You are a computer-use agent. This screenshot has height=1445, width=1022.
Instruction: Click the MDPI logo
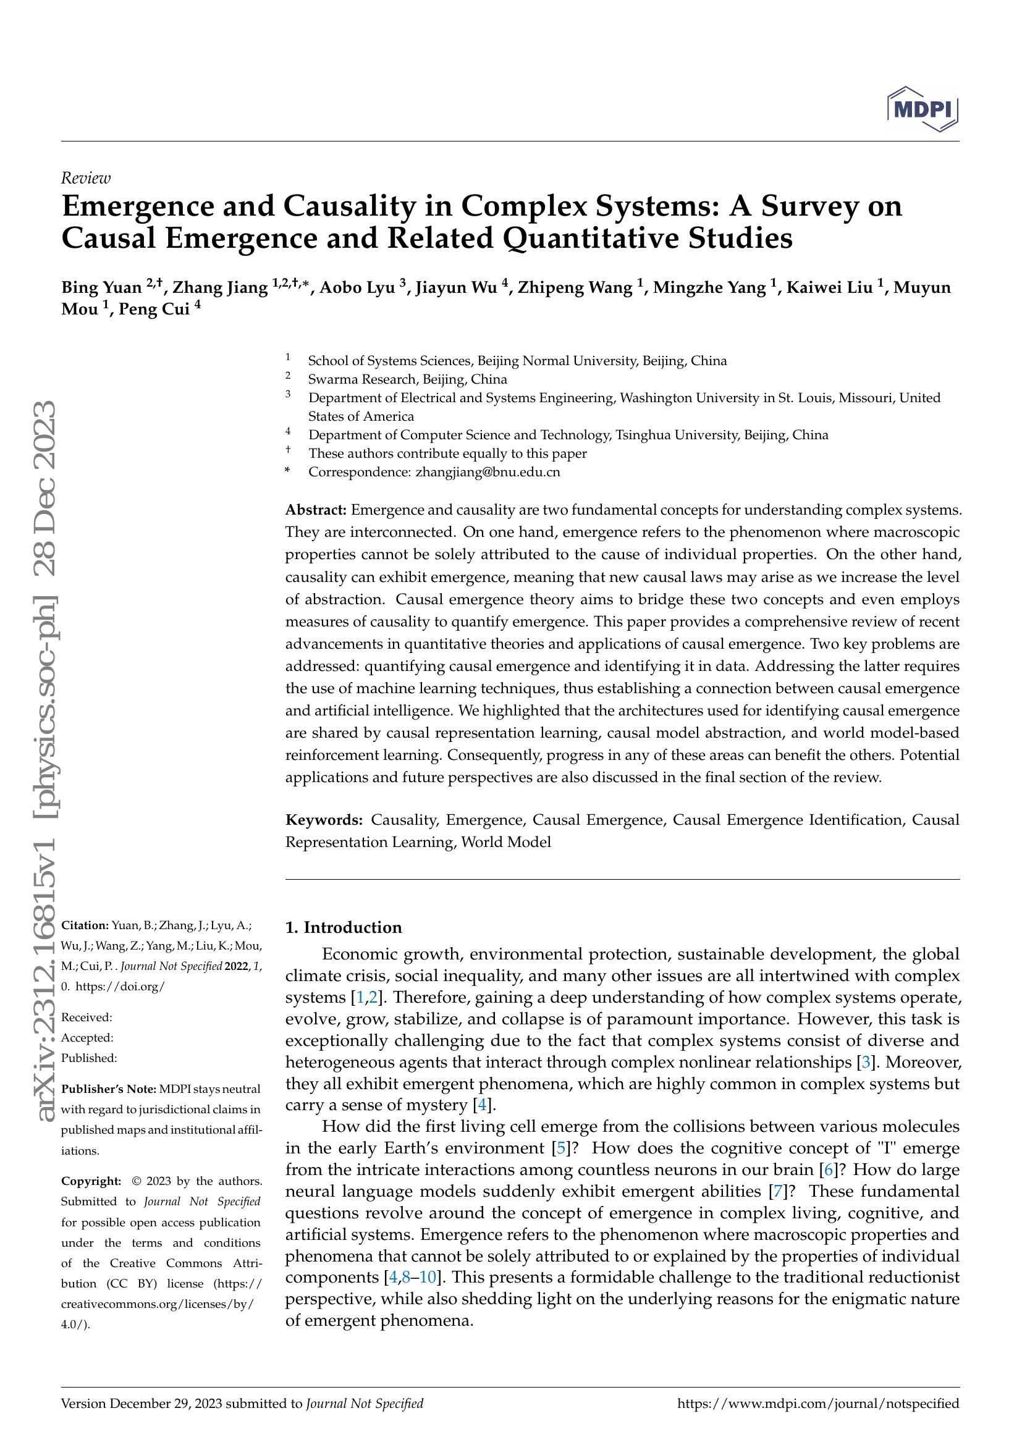click(x=922, y=109)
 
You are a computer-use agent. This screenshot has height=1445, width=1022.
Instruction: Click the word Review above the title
click(x=86, y=178)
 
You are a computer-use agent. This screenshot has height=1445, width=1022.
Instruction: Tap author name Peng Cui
click(x=159, y=310)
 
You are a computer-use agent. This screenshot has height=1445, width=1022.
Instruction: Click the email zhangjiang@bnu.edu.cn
click(x=488, y=471)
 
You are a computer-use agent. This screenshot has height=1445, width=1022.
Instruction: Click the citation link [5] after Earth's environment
click(x=560, y=1148)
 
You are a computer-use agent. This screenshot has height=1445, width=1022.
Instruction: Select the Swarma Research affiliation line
click(x=407, y=379)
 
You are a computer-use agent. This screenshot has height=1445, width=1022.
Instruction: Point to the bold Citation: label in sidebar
click(x=85, y=925)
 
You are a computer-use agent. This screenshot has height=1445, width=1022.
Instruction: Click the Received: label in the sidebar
click(x=87, y=1017)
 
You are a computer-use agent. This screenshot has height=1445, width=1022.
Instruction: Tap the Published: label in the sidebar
click(x=89, y=1058)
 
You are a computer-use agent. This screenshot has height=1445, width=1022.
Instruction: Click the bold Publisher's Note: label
click(x=108, y=1089)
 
